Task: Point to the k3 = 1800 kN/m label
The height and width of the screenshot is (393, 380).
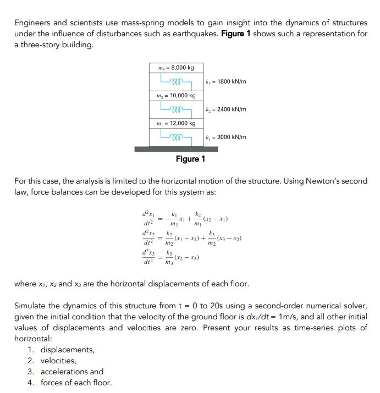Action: coord(225,82)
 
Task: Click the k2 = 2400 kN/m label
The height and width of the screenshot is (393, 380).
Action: coord(225,109)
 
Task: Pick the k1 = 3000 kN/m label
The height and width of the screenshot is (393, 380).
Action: coord(225,137)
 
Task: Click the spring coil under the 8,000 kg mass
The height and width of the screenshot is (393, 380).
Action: coord(175,82)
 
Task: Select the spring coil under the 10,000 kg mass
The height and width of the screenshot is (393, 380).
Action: coord(175,109)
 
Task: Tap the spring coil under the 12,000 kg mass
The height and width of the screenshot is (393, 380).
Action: coord(175,137)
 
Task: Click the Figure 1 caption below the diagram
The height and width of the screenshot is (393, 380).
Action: coord(190,159)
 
